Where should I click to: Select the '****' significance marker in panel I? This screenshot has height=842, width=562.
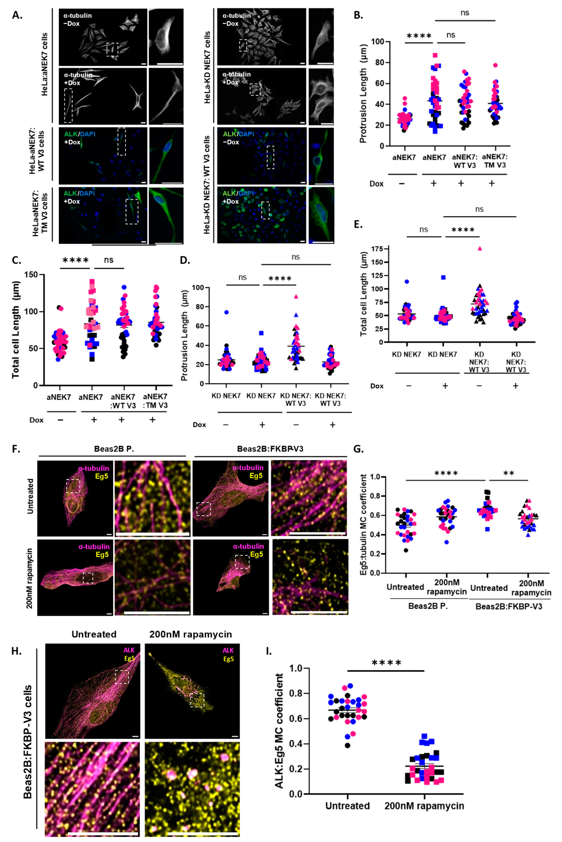tap(386, 663)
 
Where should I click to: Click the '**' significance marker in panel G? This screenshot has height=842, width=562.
tap(509, 474)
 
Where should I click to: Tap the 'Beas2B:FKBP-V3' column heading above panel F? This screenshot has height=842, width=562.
tap(270, 449)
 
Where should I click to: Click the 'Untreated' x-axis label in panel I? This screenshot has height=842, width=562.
tap(347, 806)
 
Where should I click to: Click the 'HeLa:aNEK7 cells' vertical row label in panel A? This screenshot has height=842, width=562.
tap(44, 65)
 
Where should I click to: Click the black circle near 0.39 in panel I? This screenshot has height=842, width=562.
tap(347, 746)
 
